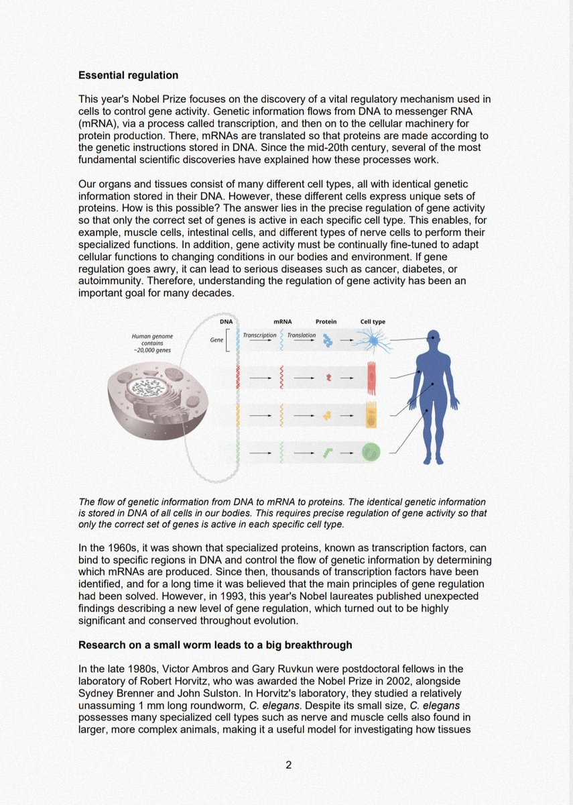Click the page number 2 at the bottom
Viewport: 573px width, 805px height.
click(288, 764)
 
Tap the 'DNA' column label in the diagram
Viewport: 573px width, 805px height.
click(226, 321)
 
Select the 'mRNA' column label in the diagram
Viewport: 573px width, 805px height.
click(283, 321)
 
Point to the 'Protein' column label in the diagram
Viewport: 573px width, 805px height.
click(326, 321)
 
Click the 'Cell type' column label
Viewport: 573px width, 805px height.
click(373, 321)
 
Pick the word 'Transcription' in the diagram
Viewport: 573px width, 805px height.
click(259, 335)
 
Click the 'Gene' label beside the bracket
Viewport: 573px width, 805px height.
click(216, 340)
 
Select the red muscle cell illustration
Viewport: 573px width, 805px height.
click(371, 377)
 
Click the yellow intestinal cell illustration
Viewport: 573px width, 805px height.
click(371, 415)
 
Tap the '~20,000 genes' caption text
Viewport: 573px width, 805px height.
click(147, 349)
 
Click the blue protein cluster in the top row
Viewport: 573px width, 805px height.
click(327, 341)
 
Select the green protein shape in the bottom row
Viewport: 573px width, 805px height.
click(328, 453)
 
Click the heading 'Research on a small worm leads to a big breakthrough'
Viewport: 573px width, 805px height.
click(215, 645)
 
